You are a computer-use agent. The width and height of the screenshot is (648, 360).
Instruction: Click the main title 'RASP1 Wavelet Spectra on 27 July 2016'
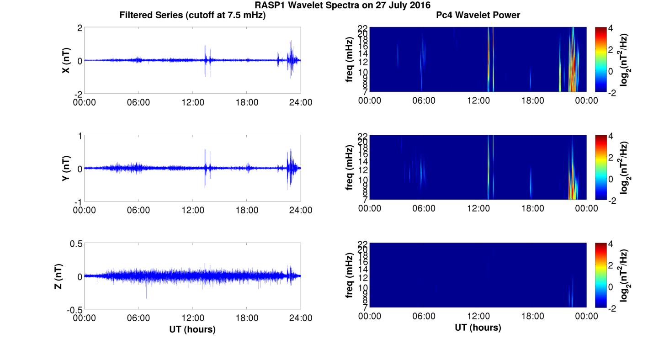(x=342, y=5)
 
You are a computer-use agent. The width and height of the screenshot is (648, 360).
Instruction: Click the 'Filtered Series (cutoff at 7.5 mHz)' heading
(x=192, y=15)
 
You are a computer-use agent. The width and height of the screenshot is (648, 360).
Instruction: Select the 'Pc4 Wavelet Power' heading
(x=478, y=15)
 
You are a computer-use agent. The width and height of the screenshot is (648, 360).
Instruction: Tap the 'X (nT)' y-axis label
(x=66, y=60)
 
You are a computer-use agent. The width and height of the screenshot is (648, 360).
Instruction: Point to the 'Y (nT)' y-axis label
(x=66, y=168)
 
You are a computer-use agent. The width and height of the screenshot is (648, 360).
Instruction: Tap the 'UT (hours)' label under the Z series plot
(x=192, y=329)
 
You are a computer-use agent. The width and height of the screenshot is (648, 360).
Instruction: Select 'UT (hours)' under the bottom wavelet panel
(x=478, y=328)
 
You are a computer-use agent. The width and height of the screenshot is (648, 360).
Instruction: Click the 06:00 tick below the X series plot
(x=138, y=102)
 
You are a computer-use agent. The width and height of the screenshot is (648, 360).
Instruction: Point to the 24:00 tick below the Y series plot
(x=301, y=210)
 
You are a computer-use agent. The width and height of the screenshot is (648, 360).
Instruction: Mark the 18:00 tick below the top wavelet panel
(x=532, y=101)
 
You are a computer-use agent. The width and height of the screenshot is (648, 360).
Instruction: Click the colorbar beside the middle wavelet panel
(x=601, y=167)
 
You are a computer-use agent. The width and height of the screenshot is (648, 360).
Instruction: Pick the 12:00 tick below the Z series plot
(x=192, y=318)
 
